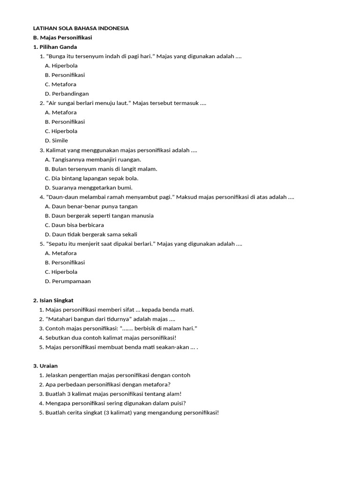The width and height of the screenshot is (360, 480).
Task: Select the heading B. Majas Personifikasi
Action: (62, 37)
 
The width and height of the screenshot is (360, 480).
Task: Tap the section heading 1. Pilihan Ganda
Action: (55, 47)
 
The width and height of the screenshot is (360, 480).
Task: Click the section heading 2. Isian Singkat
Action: (53, 300)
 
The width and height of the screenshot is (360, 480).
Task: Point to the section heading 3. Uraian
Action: (45, 366)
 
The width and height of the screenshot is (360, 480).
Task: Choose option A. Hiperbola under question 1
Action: (61, 66)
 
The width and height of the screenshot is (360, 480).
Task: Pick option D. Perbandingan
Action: (67, 94)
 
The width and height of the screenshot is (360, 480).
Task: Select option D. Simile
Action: (56, 141)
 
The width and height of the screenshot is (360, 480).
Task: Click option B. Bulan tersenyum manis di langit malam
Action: (101, 169)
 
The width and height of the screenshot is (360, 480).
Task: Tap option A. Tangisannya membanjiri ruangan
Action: (93, 159)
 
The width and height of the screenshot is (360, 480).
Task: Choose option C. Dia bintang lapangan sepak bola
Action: (91, 178)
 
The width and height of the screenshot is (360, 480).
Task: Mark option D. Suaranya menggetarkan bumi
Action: (89, 187)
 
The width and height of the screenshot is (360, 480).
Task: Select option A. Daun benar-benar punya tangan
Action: (91, 206)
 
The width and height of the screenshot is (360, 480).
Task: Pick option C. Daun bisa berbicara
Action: (75, 225)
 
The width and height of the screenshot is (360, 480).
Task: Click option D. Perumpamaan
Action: (68, 281)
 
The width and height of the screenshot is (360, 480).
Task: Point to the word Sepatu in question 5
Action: (58, 244)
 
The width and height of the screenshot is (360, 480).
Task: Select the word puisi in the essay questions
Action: (175, 403)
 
